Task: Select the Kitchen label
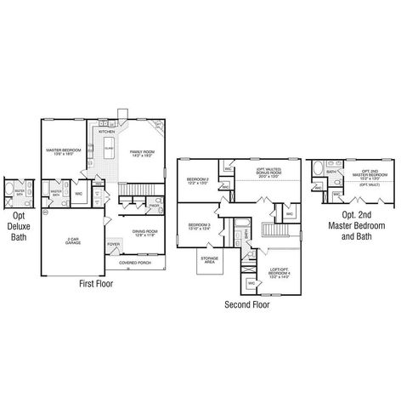[107, 133]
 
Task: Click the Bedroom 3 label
[198, 227]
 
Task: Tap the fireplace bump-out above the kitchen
[121, 115]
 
